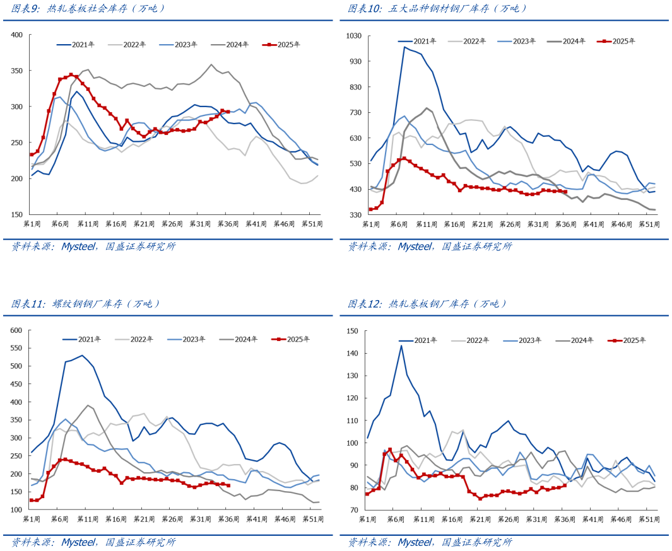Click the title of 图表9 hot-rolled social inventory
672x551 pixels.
coord(88,9)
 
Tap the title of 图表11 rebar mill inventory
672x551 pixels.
coord(86,304)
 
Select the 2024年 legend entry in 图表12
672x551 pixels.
coord(576,340)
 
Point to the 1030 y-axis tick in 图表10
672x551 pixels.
coord(353,36)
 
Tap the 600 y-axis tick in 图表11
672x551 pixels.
coord(16,330)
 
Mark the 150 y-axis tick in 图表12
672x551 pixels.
coord(353,331)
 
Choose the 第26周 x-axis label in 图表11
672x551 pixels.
coord(172,519)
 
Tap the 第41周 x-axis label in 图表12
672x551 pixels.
coord(594,519)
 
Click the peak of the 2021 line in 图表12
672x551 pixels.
coord(401,345)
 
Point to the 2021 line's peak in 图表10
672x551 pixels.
coord(404,47)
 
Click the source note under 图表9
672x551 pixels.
coord(93,246)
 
